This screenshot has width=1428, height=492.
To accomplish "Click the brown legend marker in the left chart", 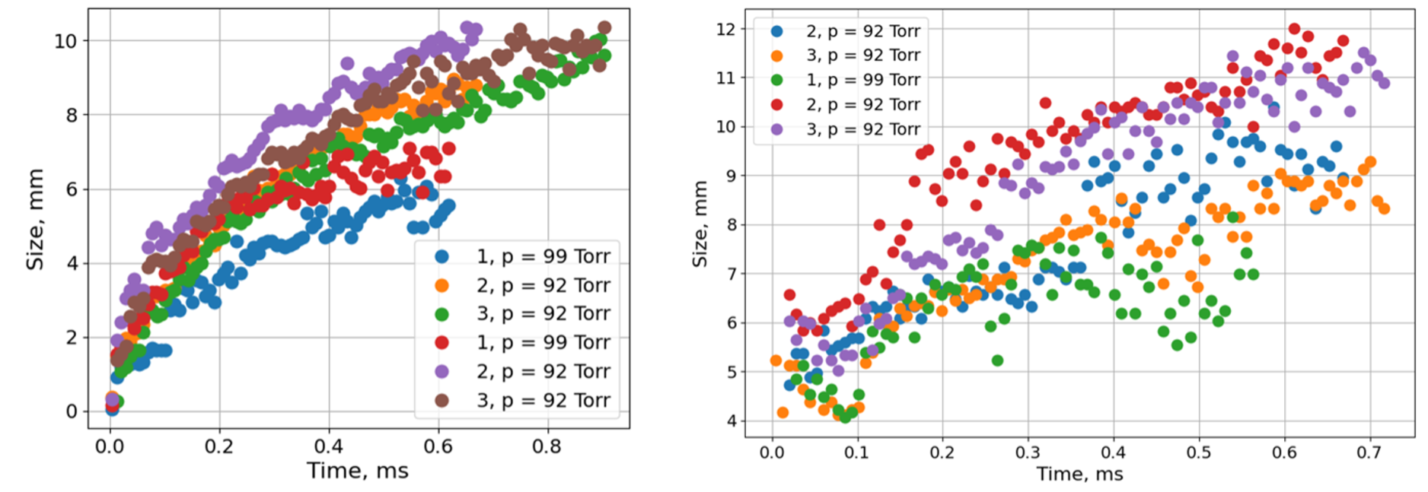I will pyautogui.click(x=441, y=400).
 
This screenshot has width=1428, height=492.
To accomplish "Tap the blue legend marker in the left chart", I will pyautogui.click(x=441, y=256).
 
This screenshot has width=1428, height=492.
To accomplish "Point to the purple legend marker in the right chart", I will pyautogui.click(x=776, y=129).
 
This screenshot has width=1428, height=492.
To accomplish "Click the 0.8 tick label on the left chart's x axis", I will pyautogui.click(x=547, y=446).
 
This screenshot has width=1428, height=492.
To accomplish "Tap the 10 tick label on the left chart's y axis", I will pyautogui.click(x=65, y=41).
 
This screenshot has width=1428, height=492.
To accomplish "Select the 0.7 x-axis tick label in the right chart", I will pyautogui.click(x=1369, y=452).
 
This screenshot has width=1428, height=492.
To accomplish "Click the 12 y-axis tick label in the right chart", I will pyautogui.click(x=726, y=30).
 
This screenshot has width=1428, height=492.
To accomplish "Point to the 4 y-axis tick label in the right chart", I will pyautogui.click(x=732, y=421).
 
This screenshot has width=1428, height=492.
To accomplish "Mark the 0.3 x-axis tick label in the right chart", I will pyautogui.click(x=1027, y=452).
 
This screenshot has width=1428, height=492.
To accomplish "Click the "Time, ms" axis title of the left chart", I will pyautogui.click(x=358, y=471).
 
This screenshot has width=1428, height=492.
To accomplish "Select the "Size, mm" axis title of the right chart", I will pyautogui.click(x=700, y=224).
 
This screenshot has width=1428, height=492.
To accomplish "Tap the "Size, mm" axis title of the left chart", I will pyautogui.click(x=35, y=219).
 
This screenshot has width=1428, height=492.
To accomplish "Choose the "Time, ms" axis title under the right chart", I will pyautogui.click(x=1079, y=475).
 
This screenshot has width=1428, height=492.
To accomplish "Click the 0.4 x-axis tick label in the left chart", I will pyautogui.click(x=328, y=446).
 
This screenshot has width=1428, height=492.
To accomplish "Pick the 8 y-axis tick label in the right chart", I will pyautogui.click(x=732, y=225).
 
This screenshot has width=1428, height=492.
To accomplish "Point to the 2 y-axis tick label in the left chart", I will pyautogui.click(x=72, y=338).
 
